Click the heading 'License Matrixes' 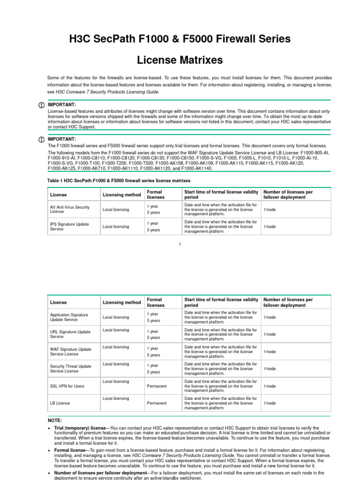point(180,60)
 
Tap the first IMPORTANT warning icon point(42,105)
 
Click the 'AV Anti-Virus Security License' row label point(69,209)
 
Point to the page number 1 point(180,244)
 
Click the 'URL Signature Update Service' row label point(70,334)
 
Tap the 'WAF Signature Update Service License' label point(70,352)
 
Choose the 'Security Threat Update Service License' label point(70,368)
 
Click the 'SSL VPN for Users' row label point(67,386)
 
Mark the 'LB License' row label point(61,403)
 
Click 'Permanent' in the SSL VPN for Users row point(157,386)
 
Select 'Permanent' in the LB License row point(157,403)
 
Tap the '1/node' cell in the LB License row point(270,403)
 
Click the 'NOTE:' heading point(55,420)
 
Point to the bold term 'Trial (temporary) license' point(80,428)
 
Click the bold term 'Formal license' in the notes point(70,450)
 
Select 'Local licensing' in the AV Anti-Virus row point(116,210)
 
